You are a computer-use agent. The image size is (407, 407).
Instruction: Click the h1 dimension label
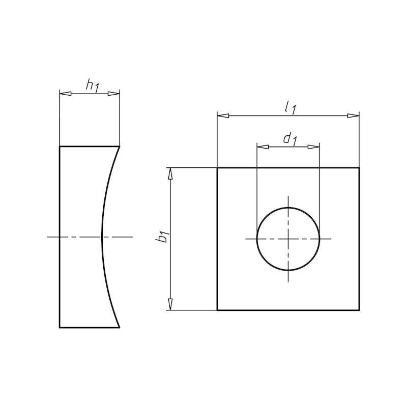(92, 86)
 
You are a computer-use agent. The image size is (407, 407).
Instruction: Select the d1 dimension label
(289, 138)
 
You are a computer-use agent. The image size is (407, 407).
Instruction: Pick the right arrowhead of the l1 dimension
(354, 116)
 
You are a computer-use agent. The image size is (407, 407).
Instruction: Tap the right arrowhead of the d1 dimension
(314, 147)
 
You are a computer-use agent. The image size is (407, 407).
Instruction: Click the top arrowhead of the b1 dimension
(171, 173)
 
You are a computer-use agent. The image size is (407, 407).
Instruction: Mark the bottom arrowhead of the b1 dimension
(171, 304)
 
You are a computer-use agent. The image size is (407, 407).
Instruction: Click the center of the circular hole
(288, 239)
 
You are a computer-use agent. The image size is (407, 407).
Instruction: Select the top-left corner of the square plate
(218, 167)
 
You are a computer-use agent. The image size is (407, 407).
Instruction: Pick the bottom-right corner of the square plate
(359, 310)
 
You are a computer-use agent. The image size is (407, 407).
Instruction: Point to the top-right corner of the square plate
(359, 167)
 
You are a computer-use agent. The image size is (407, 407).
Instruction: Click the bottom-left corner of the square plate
(218, 310)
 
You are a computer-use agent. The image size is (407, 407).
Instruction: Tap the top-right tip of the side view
(120, 147)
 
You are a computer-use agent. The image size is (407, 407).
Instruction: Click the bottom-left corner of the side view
(60, 327)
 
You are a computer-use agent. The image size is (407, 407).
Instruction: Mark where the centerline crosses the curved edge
(102, 237)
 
